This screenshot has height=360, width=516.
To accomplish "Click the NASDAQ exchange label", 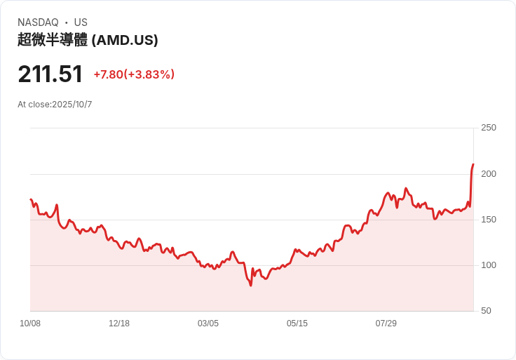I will (x=38, y=22).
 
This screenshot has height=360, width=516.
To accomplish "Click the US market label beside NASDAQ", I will (x=81, y=22).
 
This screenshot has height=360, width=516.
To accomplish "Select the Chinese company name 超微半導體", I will (x=53, y=40).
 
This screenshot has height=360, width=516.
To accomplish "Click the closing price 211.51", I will (x=50, y=74).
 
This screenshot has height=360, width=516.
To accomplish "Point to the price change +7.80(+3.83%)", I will (x=134, y=74).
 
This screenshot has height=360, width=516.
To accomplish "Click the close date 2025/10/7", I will (x=72, y=105).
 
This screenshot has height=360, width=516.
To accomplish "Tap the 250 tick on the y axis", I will (x=489, y=128).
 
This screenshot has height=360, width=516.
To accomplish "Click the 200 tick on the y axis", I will (x=489, y=173).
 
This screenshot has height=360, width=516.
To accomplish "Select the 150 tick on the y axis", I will (x=489, y=220).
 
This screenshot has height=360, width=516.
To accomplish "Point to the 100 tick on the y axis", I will (x=489, y=265).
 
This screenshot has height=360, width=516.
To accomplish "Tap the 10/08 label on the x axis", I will (x=30, y=324).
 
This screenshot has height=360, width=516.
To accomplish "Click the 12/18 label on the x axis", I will (x=119, y=324).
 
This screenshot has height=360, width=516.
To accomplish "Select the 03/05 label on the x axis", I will (x=208, y=324).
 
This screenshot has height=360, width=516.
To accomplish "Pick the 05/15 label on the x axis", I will (x=297, y=324).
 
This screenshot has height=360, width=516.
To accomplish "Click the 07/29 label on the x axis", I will (x=386, y=324).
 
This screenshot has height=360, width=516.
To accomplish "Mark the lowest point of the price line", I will (x=250, y=285).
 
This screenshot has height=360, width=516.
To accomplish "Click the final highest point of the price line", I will (x=473, y=164).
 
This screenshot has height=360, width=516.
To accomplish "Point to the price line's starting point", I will (x=31, y=199).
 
